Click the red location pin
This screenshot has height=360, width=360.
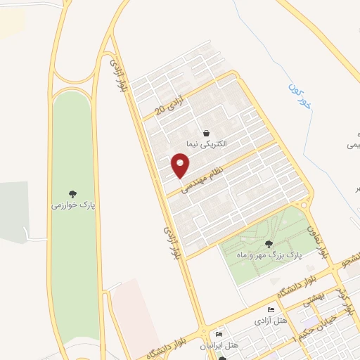point(181,165)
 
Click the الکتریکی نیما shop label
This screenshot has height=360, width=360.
point(205,143)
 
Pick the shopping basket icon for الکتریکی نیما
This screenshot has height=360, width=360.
point(206,132)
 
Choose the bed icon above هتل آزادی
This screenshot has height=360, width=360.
point(271,310)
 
